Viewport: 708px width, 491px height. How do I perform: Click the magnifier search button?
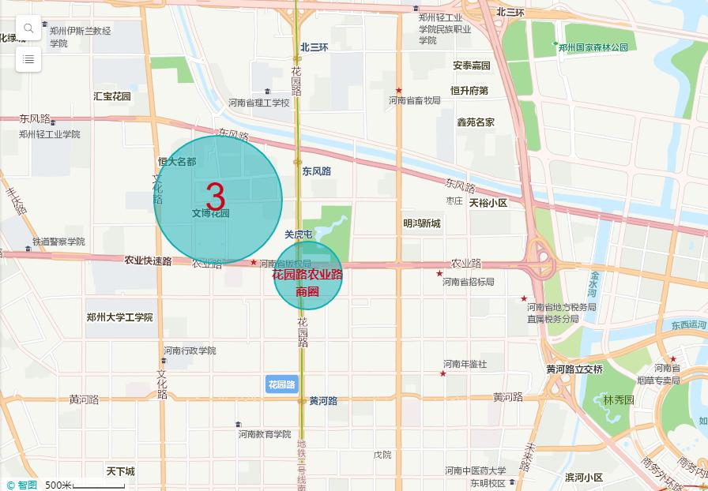tap(28, 28)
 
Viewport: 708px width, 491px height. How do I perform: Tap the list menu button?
tap(28, 58)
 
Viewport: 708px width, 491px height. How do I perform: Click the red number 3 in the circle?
tap(216, 197)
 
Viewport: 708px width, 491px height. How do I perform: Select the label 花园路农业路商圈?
tap(307, 283)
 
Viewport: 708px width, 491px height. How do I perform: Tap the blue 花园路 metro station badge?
tap(281, 384)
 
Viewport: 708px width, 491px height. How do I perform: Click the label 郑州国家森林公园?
tap(593, 47)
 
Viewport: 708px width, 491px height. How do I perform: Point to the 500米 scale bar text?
tap(58, 485)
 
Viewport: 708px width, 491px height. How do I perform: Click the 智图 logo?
tap(22, 485)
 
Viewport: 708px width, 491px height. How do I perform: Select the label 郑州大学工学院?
tap(120, 317)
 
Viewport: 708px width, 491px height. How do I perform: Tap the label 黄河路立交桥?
tap(574, 369)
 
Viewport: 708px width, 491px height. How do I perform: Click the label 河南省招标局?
tap(468, 282)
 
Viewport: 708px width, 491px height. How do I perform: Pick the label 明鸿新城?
tap(422, 223)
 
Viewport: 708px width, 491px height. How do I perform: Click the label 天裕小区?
tap(488, 203)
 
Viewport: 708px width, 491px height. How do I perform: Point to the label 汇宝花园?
tap(112, 96)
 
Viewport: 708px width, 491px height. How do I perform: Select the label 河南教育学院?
tap(265, 434)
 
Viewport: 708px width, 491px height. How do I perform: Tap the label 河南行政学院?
tap(190, 350)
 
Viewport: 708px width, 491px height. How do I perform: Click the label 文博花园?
tap(210, 213)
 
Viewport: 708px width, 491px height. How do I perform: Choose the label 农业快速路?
tap(148, 260)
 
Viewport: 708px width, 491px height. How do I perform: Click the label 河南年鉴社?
tap(465, 364)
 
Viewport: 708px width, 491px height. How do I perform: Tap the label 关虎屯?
tap(299, 234)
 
